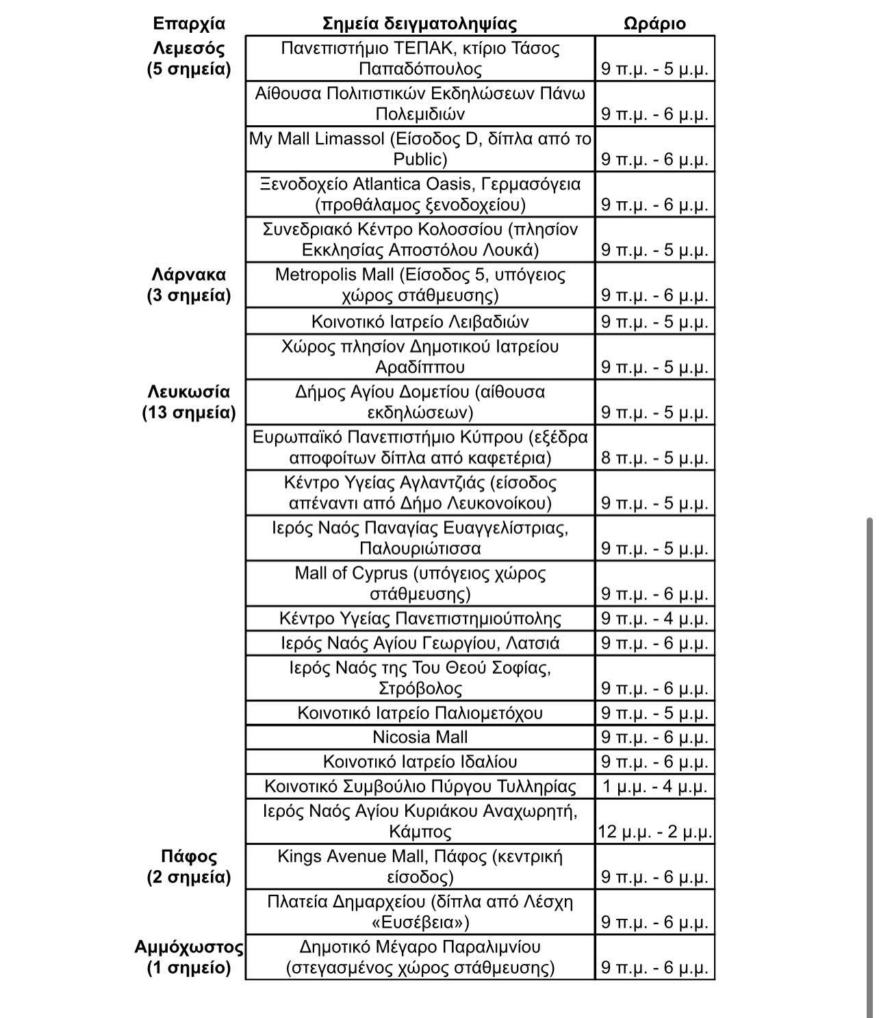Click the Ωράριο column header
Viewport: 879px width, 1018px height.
coord(654,24)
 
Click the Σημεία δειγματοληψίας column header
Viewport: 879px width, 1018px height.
coord(420,24)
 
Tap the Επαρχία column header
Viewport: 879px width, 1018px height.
coord(189,24)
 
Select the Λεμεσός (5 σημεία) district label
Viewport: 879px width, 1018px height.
coord(189,59)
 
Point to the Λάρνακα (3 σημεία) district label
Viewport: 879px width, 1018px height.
coord(189,285)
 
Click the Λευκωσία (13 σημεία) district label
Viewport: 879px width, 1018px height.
coord(189,402)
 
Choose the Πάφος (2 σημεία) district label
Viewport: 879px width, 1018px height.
coord(189,867)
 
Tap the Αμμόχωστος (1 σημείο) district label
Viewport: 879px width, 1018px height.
coord(189,957)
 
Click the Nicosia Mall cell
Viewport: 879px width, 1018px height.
coord(420,738)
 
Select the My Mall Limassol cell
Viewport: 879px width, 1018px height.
coord(420,149)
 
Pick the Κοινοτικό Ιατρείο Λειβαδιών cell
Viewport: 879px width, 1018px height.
coord(420,322)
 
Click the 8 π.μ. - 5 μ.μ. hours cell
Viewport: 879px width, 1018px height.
coord(654,457)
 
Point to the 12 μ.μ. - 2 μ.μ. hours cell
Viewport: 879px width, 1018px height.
coord(654,832)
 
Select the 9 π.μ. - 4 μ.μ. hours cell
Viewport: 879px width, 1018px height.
coord(654,619)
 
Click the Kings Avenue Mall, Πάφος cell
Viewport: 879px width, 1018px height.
coord(420,867)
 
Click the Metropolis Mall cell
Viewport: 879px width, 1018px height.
coord(420,285)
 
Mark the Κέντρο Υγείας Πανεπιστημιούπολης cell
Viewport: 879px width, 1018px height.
coord(420,619)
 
